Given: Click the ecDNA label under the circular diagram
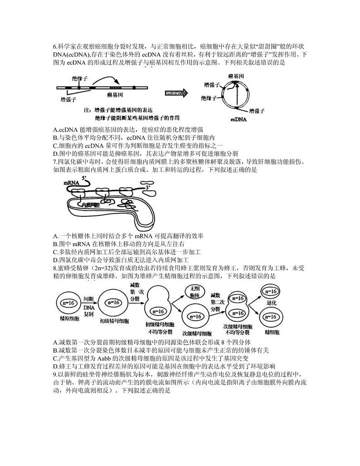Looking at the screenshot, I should pyautogui.click(x=238, y=120).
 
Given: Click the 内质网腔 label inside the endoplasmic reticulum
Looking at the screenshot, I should pyautogui.click(x=90, y=205).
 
